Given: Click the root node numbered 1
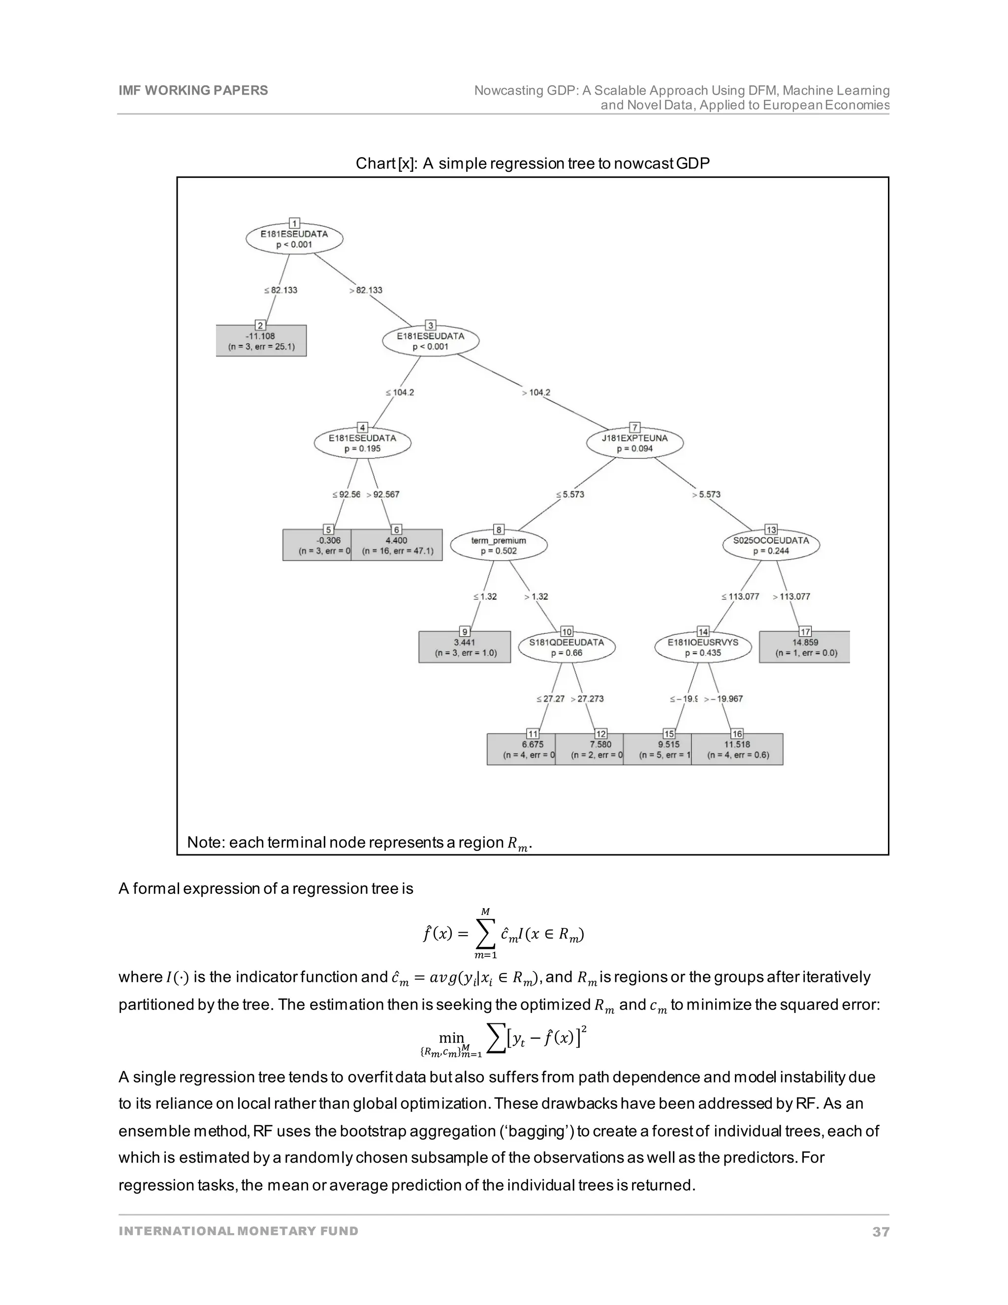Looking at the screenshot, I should (x=294, y=238).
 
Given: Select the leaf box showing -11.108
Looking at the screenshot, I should (x=261, y=341).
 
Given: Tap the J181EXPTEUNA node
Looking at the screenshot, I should (x=635, y=443).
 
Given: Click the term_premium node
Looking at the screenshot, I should (x=499, y=545).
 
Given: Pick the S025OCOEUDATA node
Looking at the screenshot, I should (x=771, y=545).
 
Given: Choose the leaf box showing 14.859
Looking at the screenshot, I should (x=804, y=647).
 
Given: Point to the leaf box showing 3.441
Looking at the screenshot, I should (x=465, y=647).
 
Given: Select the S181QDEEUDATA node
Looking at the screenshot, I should (x=567, y=647).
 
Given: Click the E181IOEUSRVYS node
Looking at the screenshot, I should (x=703, y=647).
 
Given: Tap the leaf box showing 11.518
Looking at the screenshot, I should (x=737, y=750).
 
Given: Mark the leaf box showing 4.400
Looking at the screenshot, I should (x=397, y=545).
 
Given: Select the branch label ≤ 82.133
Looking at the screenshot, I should (x=281, y=291).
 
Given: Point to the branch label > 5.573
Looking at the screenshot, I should (x=706, y=495).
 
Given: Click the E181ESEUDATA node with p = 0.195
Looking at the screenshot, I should (x=362, y=443).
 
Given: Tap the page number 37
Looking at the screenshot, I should (x=880, y=1232).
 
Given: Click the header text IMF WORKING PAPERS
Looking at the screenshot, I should (x=193, y=90).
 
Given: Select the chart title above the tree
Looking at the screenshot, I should (x=532, y=163).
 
